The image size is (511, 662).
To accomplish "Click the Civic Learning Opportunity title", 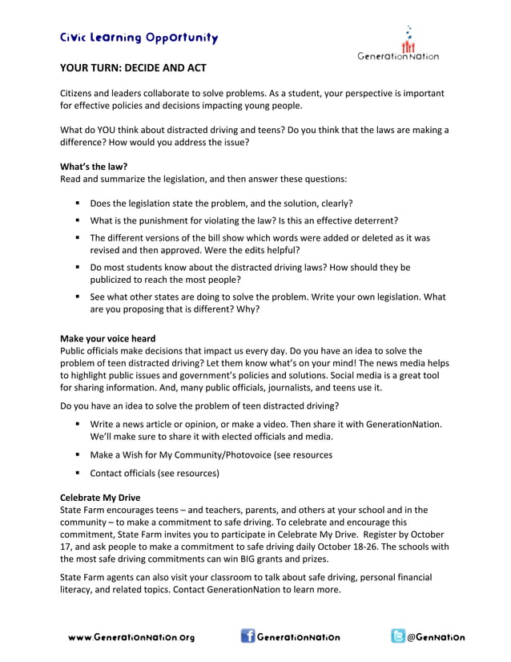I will point(139,38).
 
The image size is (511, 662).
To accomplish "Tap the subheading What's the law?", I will point(88,166).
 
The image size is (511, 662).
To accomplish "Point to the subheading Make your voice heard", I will point(108,338).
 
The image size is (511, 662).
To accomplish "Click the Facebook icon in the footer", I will point(248,636).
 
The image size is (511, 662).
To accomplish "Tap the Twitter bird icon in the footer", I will point(397,636).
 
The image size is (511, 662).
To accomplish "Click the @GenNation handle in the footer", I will point(436,638).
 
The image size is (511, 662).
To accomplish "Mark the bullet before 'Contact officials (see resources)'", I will point(78,473).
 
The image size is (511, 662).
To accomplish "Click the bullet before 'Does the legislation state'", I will point(78,203).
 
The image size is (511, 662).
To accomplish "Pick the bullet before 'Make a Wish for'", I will point(78,454).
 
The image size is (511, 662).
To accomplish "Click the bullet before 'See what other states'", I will point(78,297).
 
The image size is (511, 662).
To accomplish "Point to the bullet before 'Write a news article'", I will point(78,423).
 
